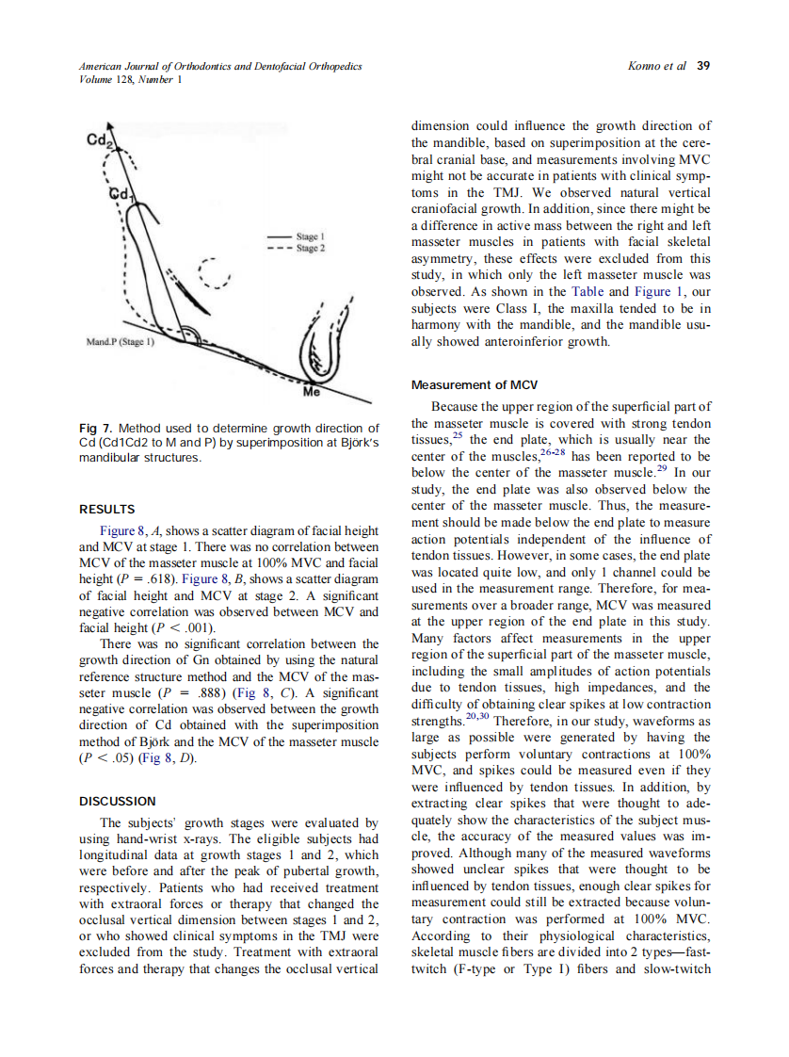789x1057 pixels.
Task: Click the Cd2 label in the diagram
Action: [99, 140]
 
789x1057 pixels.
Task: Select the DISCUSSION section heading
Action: [116, 802]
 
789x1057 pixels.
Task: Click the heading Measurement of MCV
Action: [475, 384]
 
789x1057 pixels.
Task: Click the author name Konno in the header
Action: [645, 66]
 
